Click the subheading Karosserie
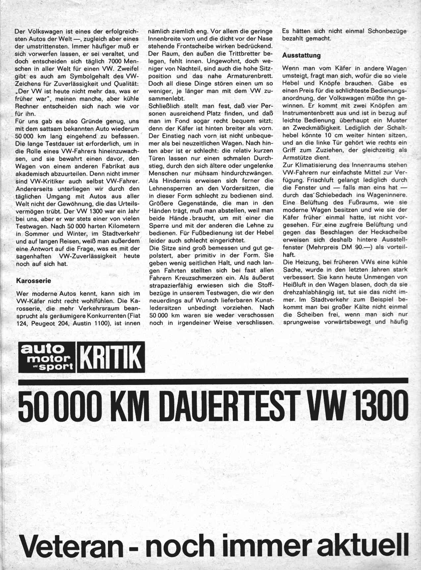pos(33,281)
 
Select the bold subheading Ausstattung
pos(301,55)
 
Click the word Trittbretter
pos(244,54)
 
